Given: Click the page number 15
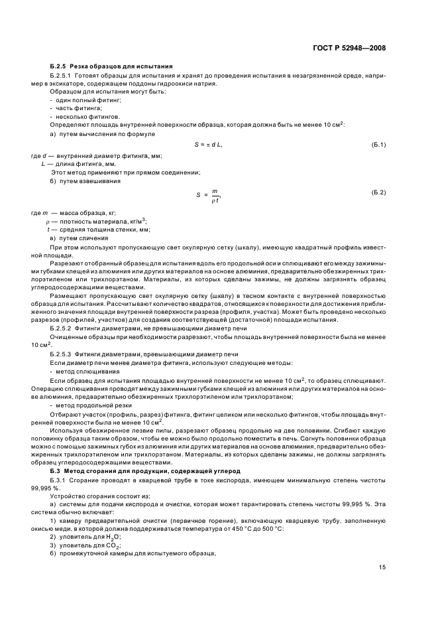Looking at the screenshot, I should coord(382,567).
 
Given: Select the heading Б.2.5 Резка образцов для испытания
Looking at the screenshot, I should coord(111,67).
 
